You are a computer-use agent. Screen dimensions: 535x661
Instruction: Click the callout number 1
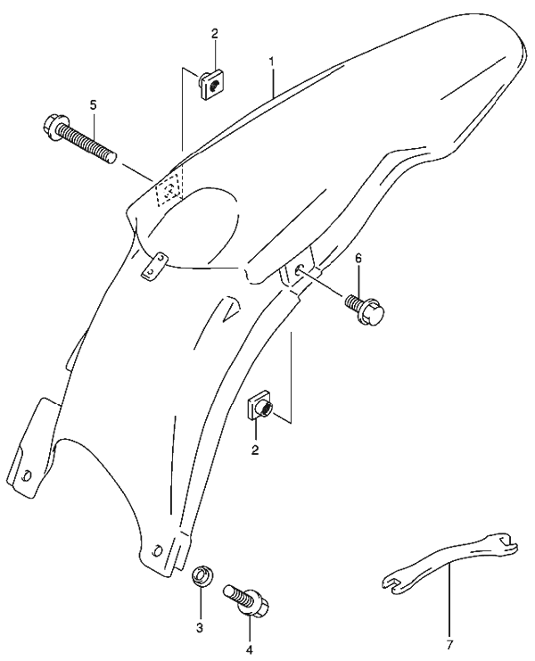coord(272,62)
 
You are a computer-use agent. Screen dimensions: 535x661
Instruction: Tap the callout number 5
coord(93,103)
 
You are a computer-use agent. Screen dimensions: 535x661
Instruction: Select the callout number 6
coord(358,259)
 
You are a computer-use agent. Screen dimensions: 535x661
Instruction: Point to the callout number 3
coord(200,627)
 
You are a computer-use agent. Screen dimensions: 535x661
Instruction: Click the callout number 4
coord(250,650)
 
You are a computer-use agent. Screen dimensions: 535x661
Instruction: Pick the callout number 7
coord(449,645)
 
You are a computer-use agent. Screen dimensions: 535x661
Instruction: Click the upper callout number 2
coord(215,34)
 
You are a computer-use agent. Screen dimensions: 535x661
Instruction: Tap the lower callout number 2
coord(255,450)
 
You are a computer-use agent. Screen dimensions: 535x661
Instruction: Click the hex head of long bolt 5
coord(53,126)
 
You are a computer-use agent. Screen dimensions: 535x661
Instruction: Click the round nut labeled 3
coord(202,576)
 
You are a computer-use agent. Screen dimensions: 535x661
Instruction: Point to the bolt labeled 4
coord(247,599)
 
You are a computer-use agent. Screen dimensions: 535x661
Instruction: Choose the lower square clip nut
coord(259,407)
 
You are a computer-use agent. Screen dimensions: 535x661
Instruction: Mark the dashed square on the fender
coord(169,190)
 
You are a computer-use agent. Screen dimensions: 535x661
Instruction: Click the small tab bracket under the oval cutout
coord(154,266)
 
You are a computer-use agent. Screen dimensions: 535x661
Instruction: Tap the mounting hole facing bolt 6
coord(299,269)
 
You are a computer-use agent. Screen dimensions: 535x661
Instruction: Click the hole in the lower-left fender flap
coord(26,475)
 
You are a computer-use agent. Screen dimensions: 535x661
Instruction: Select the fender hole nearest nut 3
coord(156,550)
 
